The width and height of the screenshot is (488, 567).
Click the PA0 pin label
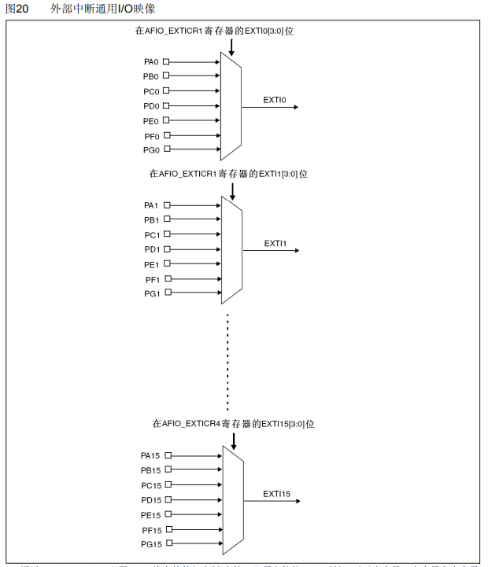tap(150, 61)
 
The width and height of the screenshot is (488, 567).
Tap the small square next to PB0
tap(166, 76)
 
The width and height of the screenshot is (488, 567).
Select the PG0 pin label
tap(151, 150)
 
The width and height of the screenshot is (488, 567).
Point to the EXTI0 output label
tap(275, 99)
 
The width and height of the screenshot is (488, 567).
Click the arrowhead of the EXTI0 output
tap(295, 107)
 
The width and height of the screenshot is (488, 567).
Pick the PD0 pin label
tap(151, 106)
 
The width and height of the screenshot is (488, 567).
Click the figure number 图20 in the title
tap(17, 9)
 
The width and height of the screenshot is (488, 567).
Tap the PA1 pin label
tap(151, 205)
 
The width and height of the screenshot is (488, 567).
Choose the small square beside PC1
tap(167, 234)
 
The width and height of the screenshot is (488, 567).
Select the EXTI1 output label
tap(275, 243)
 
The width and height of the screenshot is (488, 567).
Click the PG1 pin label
tap(152, 294)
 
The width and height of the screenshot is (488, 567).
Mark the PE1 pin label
tap(151, 264)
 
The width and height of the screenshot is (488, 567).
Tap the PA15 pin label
tap(150, 455)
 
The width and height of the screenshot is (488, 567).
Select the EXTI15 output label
tap(277, 494)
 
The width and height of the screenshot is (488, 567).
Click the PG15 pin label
tap(150, 544)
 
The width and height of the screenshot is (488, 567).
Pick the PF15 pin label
tap(151, 529)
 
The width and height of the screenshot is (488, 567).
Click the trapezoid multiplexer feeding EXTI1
tap(231, 249)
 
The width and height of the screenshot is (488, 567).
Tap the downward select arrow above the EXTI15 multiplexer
tap(233, 440)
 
